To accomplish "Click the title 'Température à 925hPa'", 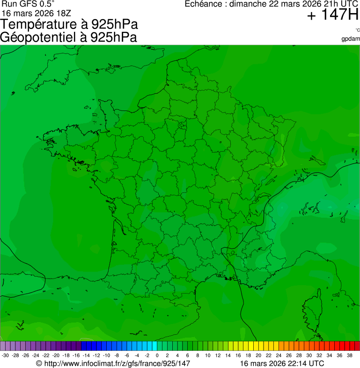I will tap(69, 24).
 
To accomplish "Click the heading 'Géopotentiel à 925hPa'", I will tap(68, 37).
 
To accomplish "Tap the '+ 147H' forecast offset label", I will tap(332, 15).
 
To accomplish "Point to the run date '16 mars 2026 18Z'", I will tap(37, 13).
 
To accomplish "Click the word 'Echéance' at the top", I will tap(201, 4).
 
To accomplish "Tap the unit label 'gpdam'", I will tap(351, 38).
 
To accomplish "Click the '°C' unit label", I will tap(357, 30).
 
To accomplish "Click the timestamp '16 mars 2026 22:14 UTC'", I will tap(282, 363).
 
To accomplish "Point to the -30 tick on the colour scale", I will tap(5, 355).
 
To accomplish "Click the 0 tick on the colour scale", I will tap(157, 355).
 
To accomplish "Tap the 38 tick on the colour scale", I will tap(349, 355).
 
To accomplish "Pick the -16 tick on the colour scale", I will tap(76, 355).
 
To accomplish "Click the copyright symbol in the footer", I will tap(39, 363).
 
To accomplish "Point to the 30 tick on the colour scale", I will tap(309, 355).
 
